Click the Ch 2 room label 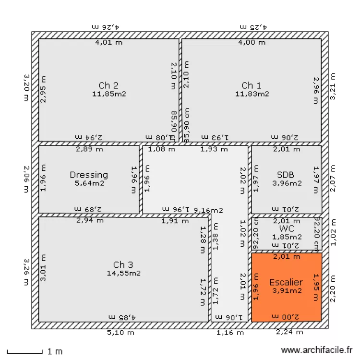[x=108, y=85]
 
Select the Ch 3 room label [x=123, y=265]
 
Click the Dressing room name [x=89, y=175]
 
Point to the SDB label [x=286, y=175]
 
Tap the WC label [x=287, y=228]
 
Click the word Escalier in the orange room [x=286, y=282]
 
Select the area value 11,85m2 [x=109, y=94]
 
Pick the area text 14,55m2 [x=123, y=273]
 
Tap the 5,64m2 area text [x=89, y=183]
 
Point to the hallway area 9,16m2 [x=208, y=210]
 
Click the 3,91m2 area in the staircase [x=287, y=290]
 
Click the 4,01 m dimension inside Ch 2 [x=108, y=42]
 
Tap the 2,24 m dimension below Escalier [x=289, y=332]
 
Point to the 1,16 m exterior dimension [x=230, y=332]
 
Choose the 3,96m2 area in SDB [x=287, y=183]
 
